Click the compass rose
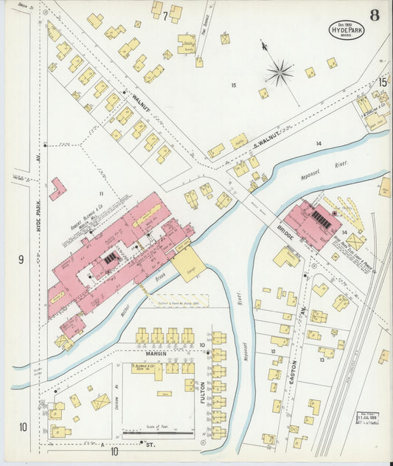(279, 72)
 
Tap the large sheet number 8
(375, 15)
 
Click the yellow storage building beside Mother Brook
(188, 263)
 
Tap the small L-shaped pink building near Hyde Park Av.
(57, 188)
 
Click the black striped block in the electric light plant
(321, 218)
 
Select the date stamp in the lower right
(371, 420)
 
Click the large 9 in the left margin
(21, 259)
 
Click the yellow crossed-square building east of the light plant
(355, 240)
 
